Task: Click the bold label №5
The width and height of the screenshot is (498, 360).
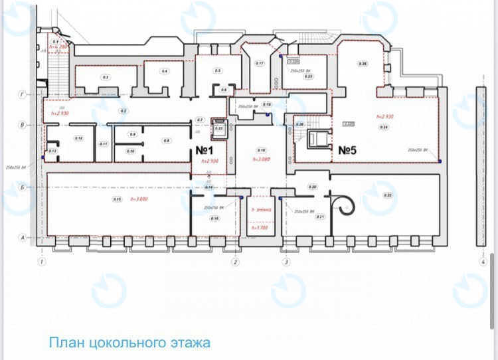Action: (x=347, y=151)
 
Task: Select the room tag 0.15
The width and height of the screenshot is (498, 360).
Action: (x=117, y=199)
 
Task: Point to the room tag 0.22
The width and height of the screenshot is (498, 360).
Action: (x=388, y=195)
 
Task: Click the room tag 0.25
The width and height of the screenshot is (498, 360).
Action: (x=363, y=64)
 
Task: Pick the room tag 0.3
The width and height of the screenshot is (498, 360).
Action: (x=105, y=78)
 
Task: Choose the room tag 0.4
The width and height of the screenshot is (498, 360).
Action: (x=164, y=71)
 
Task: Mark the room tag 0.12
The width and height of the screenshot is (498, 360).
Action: (x=78, y=138)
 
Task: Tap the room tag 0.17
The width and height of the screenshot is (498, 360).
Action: (x=260, y=63)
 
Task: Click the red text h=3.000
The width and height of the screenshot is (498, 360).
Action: (x=138, y=199)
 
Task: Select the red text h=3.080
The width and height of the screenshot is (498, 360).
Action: (x=260, y=160)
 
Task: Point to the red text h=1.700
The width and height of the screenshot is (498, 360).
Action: (x=259, y=228)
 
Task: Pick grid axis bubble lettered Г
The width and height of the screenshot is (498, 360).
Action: (x=22, y=96)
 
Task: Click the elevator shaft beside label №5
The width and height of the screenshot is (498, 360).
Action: (x=319, y=138)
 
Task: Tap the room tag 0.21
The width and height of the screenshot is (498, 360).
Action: (x=319, y=217)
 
